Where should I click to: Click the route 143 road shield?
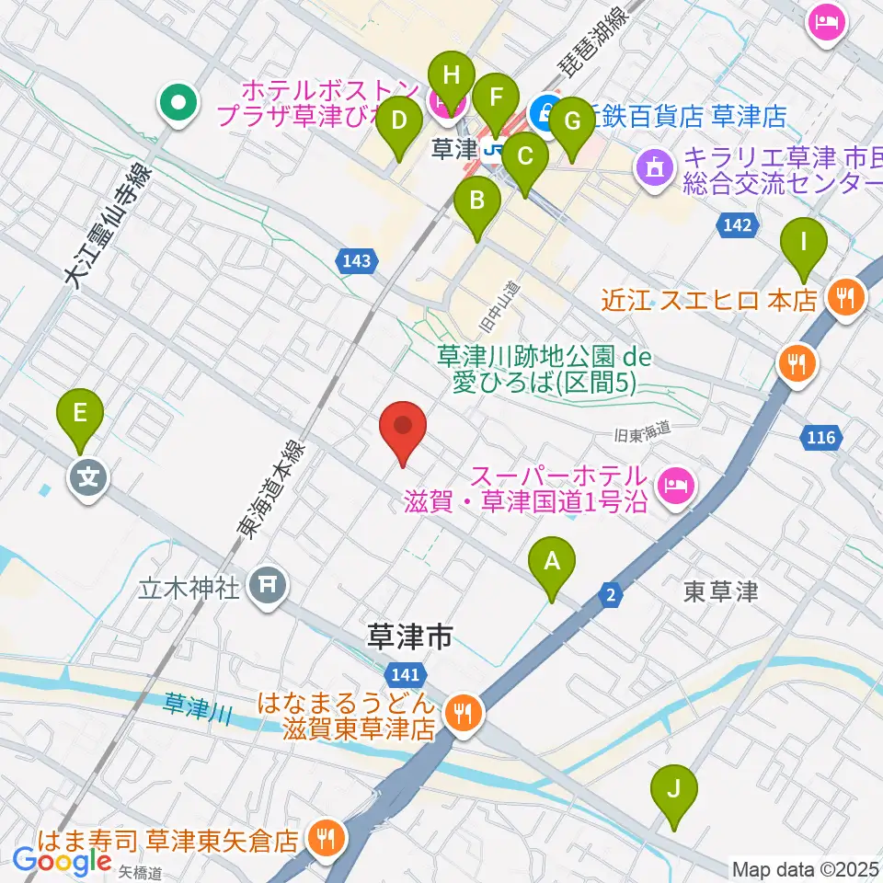click(356, 261)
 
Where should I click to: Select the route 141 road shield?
click(406, 673)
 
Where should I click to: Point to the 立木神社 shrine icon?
click(268, 584)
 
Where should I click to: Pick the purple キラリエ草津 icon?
click(654, 168)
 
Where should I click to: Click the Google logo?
click(63, 862)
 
